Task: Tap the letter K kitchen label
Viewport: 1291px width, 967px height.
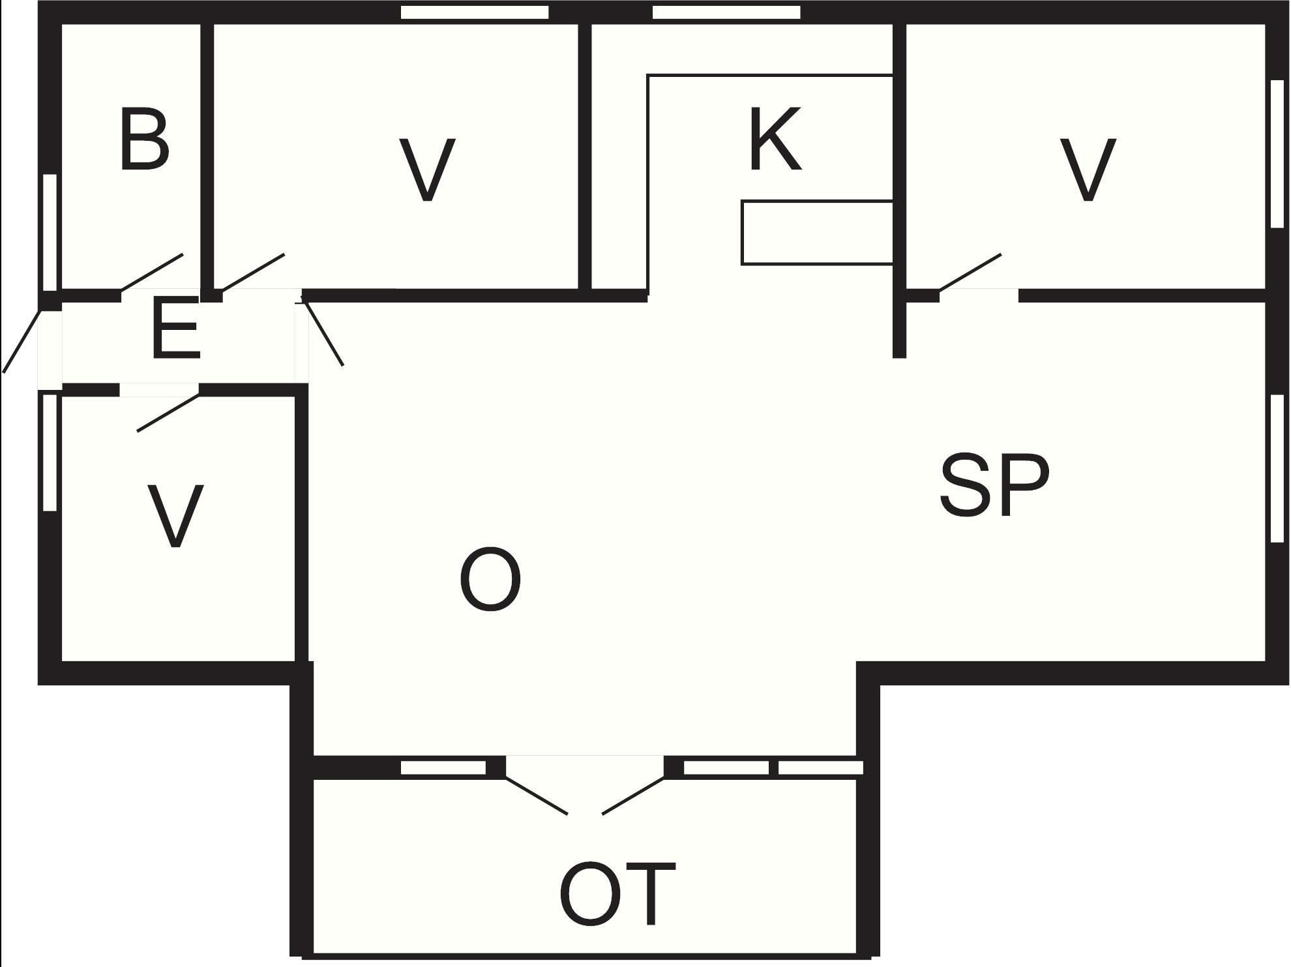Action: point(775,140)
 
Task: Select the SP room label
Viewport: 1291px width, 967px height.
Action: point(994,485)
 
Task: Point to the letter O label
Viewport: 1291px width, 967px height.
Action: point(490,580)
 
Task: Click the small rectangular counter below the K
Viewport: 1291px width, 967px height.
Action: point(817,233)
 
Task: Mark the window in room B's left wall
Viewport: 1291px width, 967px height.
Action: point(50,232)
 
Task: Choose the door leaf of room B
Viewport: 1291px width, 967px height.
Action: point(152,272)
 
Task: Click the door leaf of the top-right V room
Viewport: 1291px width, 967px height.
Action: point(970,272)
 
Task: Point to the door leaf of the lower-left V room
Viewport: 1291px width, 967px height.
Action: point(168,413)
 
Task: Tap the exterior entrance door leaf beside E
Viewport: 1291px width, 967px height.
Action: point(22,341)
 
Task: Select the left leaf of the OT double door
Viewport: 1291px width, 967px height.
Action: point(536,795)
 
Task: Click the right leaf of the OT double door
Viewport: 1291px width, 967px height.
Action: point(633,795)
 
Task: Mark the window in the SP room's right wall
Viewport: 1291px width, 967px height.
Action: point(1277,468)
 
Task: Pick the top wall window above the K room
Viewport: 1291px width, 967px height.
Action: point(726,12)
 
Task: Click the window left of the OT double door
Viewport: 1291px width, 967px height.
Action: point(443,767)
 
